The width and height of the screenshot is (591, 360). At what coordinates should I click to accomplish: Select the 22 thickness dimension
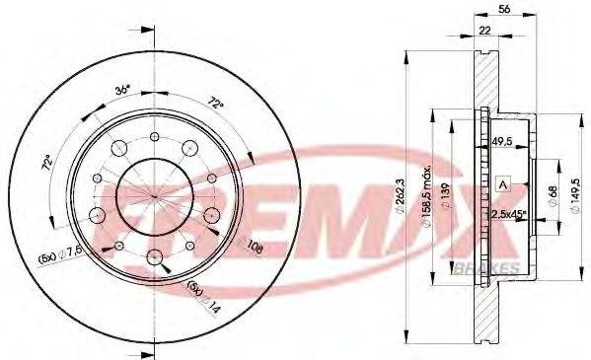[x=484, y=32]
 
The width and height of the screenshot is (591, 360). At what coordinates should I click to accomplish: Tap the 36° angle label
[x=121, y=91]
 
